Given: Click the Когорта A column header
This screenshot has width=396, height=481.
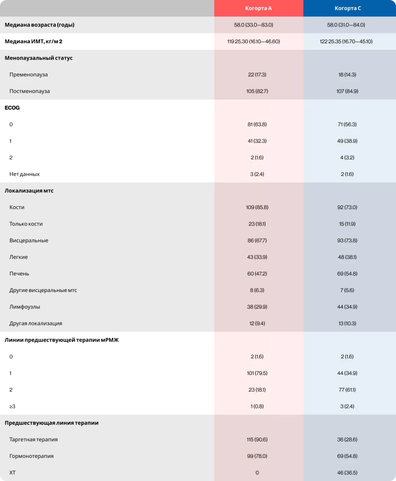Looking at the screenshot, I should [258, 8].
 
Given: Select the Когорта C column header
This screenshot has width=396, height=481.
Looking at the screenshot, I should [348, 8].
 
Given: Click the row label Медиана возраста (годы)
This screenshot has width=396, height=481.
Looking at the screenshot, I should [40, 25].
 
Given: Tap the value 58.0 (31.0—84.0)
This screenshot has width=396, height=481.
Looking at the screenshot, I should [346, 25].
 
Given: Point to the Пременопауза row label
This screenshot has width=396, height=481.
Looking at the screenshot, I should [29, 74].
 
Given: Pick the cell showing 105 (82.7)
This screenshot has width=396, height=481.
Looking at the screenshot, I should [257, 91].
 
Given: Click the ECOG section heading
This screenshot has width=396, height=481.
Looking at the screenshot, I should [12, 108].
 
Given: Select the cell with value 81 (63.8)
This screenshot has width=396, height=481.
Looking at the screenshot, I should [257, 124].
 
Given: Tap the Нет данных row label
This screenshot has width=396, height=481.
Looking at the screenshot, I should [25, 174].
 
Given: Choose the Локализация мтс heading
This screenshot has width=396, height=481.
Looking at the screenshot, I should [29, 190].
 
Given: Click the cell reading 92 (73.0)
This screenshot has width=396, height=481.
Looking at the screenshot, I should [347, 207].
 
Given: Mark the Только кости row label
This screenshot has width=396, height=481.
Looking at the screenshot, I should [26, 224].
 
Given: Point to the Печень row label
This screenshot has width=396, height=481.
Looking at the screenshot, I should [19, 273].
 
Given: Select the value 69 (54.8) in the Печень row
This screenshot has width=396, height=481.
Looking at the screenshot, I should [347, 273].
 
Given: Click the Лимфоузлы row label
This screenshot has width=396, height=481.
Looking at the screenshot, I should [25, 307].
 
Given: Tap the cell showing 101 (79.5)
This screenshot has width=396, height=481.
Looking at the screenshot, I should [257, 373].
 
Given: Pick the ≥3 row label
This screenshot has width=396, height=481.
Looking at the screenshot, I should [12, 406].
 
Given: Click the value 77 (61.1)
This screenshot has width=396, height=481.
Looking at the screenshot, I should [347, 390].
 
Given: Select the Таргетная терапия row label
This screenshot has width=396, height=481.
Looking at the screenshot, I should [33, 440].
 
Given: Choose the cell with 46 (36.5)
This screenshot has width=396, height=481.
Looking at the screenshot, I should [347, 473].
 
